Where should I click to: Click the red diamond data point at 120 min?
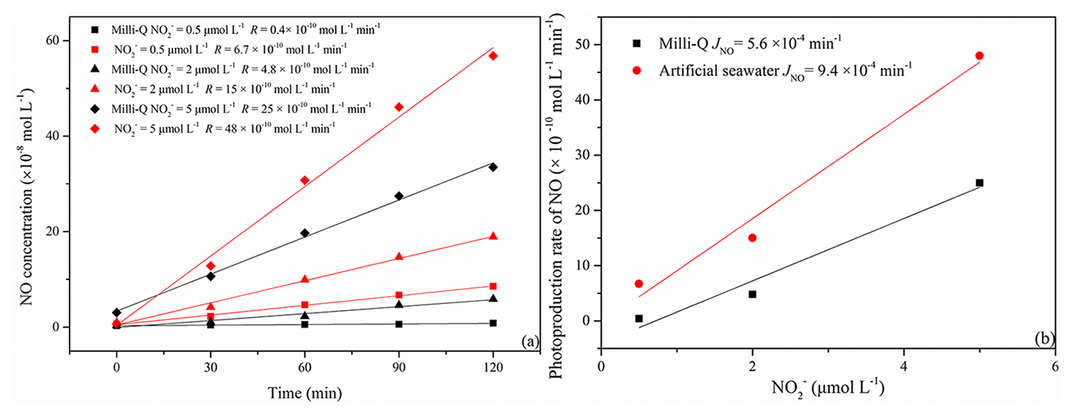(493, 56)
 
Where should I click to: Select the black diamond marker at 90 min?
(399, 196)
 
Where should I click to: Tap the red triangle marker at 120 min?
(493, 236)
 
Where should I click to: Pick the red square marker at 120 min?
(493, 286)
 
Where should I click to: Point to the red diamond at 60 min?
(305, 180)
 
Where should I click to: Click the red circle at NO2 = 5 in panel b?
(979, 56)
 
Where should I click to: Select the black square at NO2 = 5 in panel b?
(979, 183)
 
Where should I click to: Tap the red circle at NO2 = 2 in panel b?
(752, 238)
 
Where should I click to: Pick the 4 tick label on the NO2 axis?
(904, 367)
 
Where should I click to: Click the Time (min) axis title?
(304, 394)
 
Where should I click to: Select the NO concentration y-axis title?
(28, 196)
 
